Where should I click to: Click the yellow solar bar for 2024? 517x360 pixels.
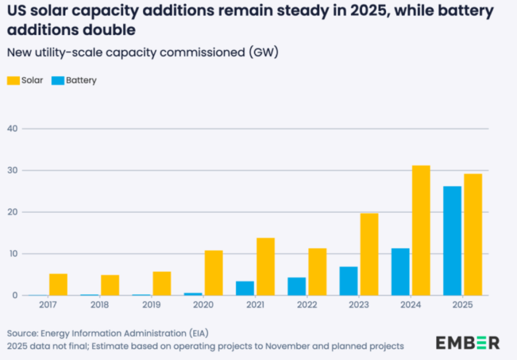(x=421, y=230)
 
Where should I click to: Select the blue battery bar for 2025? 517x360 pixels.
(x=452, y=241)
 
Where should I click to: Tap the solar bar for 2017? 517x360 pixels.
(x=58, y=284)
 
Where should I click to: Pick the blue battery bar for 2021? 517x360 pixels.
(x=245, y=288)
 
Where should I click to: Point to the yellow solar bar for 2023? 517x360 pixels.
(x=369, y=254)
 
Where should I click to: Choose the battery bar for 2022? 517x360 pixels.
(x=297, y=286)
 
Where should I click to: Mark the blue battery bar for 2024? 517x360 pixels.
(x=401, y=271)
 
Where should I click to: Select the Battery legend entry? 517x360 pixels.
(x=74, y=81)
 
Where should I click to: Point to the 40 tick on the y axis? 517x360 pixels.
(x=12, y=129)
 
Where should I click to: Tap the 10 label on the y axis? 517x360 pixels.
(x=12, y=254)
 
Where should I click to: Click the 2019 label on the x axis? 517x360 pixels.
(x=151, y=305)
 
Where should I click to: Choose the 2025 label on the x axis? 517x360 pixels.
(x=462, y=305)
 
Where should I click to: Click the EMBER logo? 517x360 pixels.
(x=467, y=343)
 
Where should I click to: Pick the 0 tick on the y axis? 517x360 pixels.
(x=15, y=295)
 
